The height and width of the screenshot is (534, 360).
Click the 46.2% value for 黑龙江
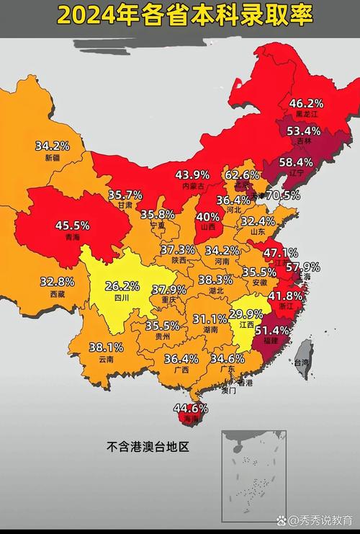click(x=306, y=104)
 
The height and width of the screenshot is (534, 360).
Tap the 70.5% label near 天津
click(x=283, y=195)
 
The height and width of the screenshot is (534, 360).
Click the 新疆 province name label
click(x=53, y=158)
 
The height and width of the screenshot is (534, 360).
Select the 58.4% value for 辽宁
click(x=296, y=162)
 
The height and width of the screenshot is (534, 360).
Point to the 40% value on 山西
click(x=208, y=216)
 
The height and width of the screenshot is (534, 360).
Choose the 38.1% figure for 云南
click(x=106, y=347)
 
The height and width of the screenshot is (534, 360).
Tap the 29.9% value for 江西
click(x=246, y=314)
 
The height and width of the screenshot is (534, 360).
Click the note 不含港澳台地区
click(x=148, y=447)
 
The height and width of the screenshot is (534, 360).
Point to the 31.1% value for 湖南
click(x=210, y=319)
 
